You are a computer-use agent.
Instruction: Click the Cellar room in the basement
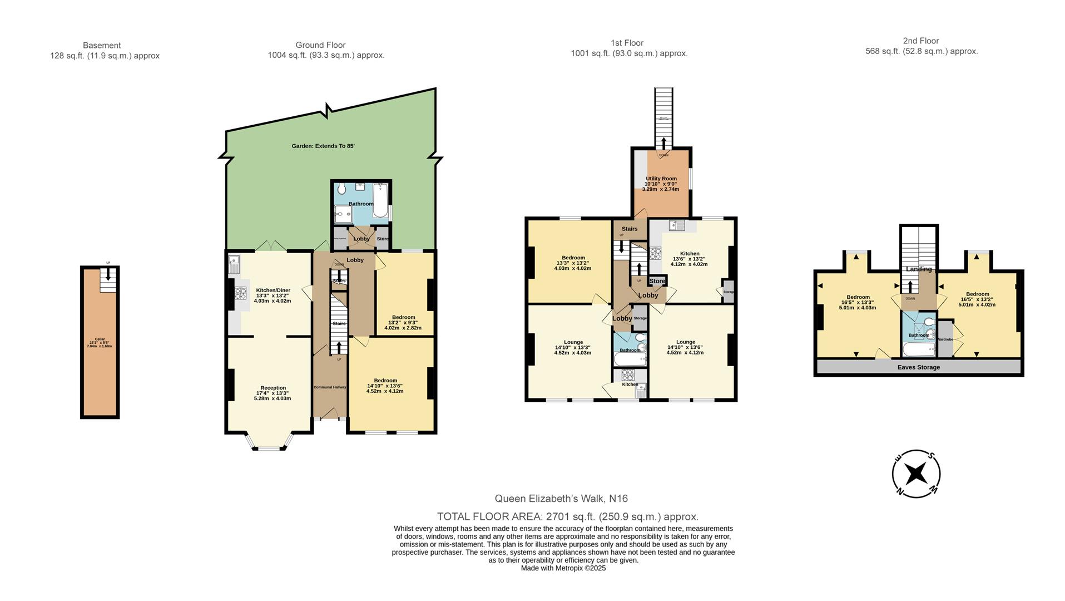(100, 342)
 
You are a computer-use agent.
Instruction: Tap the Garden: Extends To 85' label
(323, 146)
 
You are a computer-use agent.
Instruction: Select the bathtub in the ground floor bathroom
(380, 201)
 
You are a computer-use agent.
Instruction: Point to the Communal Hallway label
(330, 387)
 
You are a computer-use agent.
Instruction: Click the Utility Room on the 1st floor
(661, 184)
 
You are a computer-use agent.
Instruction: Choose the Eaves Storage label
(918, 367)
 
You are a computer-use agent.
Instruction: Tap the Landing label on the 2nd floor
(918, 269)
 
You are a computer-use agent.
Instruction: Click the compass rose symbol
(915, 474)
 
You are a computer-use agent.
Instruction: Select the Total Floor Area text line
(567, 516)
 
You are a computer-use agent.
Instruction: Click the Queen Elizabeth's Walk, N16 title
(561, 499)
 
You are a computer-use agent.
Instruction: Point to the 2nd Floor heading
(920, 41)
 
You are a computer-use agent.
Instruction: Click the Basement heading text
(102, 45)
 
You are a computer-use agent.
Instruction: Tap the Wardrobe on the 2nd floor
(945, 338)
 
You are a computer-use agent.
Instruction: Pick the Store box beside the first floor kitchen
(657, 281)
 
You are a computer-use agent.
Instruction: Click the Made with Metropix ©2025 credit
(563, 568)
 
